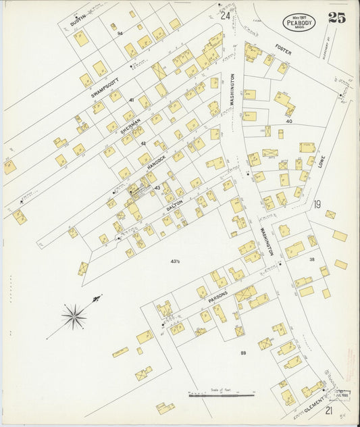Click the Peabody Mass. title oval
tap(299, 20)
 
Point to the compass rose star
tap(74, 314)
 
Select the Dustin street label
tap(78, 23)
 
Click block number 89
tap(244, 353)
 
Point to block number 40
tap(288, 121)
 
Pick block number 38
tap(312, 259)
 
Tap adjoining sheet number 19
tap(317, 203)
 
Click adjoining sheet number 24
tap(225, 15)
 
